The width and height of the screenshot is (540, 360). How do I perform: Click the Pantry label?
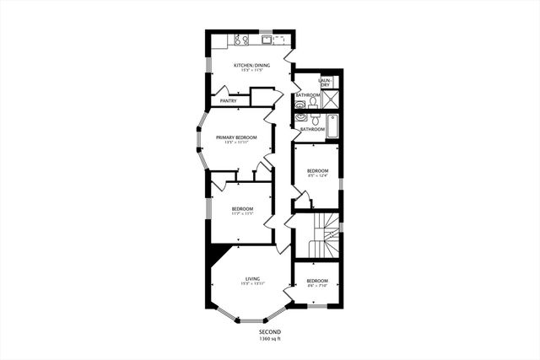(228, 101)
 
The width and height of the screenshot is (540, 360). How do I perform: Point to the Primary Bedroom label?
(235, 137)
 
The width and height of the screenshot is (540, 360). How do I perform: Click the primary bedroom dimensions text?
(235, 142)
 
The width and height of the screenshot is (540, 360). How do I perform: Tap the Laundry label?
(324, 83)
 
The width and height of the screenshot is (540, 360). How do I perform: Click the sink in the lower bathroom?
(300, 119)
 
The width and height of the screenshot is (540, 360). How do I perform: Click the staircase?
(324, 237)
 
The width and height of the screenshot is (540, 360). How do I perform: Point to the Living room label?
(252, 278)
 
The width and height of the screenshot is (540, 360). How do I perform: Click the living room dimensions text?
(252, 284)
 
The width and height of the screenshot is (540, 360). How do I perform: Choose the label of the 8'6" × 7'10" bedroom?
(316, 281)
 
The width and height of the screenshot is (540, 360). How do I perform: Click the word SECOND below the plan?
(269, 332)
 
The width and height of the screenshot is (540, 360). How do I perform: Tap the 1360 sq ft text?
(269, 339)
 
